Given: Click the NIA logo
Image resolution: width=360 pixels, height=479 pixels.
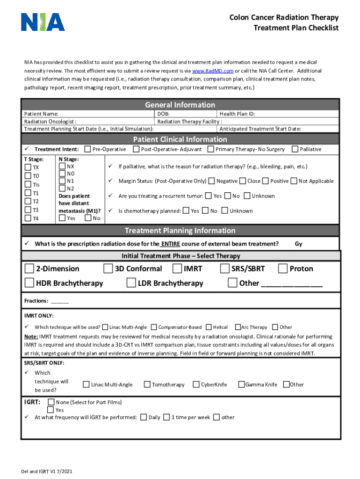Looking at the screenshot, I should click(43, 22).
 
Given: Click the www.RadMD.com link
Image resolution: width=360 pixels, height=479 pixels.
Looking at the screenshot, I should click(213, 71).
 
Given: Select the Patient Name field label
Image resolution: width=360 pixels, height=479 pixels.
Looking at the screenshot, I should click(41, 114).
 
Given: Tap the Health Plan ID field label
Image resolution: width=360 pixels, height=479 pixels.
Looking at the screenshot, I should click(237, 114).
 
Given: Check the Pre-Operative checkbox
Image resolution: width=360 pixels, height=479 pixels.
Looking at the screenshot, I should click(87, 149).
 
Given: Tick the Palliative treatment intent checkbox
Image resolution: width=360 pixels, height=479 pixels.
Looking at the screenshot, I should click(295, 149).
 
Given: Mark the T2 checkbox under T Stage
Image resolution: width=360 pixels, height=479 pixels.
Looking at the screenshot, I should click(29, 201).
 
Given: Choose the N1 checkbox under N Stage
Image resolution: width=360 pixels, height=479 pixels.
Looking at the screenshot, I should click(63, 181).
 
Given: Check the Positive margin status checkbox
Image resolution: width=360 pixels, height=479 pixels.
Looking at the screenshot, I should click(266, 181).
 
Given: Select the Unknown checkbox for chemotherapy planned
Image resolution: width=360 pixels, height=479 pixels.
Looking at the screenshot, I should click(225, 211).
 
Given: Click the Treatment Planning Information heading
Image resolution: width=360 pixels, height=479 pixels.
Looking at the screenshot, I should click(180, 231).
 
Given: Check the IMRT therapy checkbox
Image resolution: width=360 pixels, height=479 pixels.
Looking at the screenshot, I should click(177, 269).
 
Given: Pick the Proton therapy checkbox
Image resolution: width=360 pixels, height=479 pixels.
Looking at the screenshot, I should click(282, 269).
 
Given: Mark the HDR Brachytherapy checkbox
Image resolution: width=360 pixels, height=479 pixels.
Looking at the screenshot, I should click(29, 283).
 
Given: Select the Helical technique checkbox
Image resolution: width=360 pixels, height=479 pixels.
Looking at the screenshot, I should click(209, 327).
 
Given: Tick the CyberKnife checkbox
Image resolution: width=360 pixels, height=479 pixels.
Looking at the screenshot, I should click(196, 385).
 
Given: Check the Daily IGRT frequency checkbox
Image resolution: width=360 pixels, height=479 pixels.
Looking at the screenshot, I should click(144, 417).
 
